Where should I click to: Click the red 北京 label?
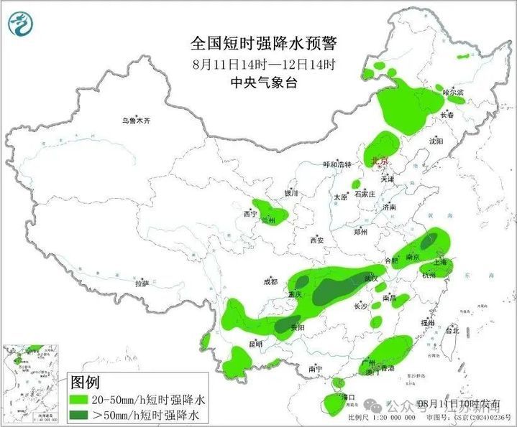coord(378,161)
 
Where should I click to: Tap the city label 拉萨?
coord(142,283)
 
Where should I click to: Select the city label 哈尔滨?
coord(453,93)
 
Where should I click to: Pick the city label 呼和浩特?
coord(337,164)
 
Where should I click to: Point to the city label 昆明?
coord(255,344)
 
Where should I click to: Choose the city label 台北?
coord(452,331)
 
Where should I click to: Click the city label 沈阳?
coord(436,142)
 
